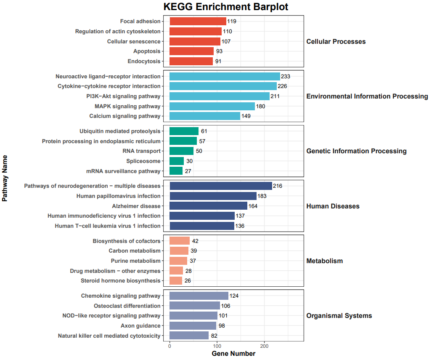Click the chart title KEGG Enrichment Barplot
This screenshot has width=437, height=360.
tap(226, 7)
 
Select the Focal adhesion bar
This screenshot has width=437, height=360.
tap(198, 21)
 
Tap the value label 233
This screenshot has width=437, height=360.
tap(286, 76)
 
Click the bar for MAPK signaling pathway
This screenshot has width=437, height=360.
tap(212, 106)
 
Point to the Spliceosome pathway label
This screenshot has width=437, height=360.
tap(143, 161)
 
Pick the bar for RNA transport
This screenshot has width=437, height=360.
tap(181, 151)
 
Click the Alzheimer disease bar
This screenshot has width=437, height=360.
tap(208, 206)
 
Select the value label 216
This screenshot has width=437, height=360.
tap(278, 186)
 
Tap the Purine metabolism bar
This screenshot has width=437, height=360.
tap(178, 261)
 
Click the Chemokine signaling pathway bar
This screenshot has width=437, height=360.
tap(199, 296)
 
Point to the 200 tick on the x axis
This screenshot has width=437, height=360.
tap(264, 346)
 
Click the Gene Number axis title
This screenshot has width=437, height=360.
tap(233, 354)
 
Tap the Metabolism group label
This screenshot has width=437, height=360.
tap(324, 261)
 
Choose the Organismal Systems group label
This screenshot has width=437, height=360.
tap(339, 316)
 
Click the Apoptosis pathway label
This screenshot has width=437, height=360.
tap(147, 51)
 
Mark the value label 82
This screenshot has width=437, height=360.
tap(215, 336)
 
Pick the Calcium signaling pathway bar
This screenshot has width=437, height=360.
tap(204, 116)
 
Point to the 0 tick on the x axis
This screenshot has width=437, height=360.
tap(170, 346)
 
